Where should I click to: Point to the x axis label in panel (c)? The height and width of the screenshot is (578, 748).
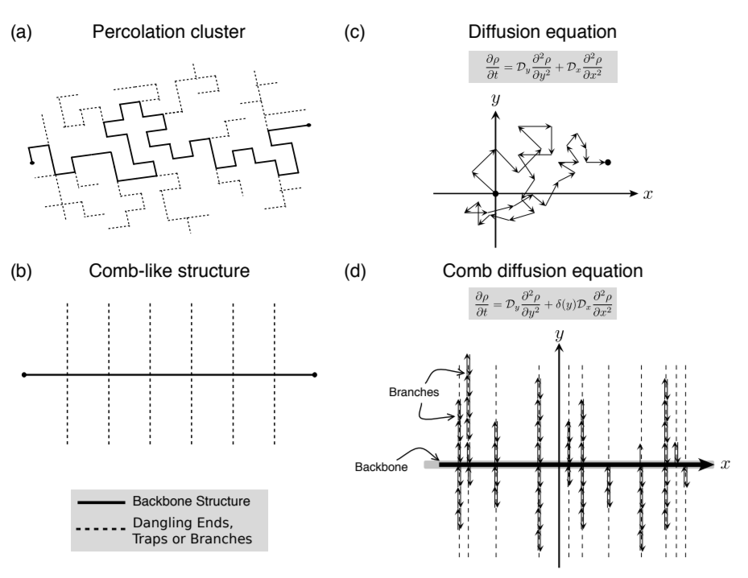tap(647, 195)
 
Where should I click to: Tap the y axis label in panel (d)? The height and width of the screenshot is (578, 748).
tap(556, 335)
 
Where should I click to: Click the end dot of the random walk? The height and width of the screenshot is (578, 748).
tap(608, 163)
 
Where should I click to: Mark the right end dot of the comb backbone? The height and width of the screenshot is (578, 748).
tap(315, 374)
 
